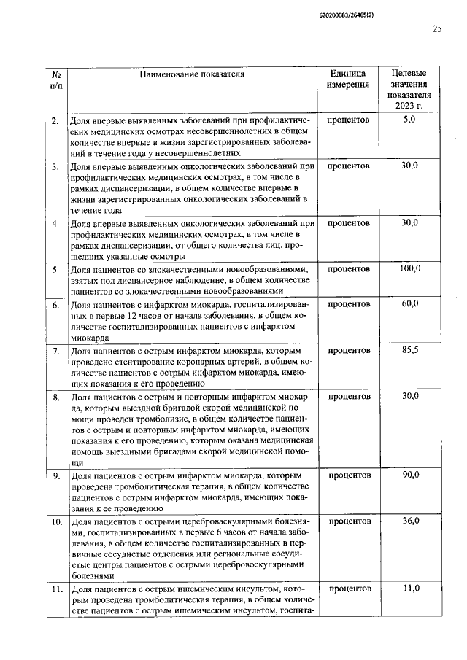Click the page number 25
pyautogui.click(x=437, y=28)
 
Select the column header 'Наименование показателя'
pyautogui.click(x=192, y=74)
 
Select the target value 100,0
pyautogui.click(x=409, y=269)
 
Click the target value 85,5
pyautogui.click(x=409, y=350)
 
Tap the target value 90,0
pyautogui.click(x=409, y=475)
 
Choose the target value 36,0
pyautogui.click(x=409, y=521)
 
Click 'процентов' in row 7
pyautogui.click(x=348, y=350)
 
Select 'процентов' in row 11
pyautogui.click(x=348, y=588)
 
